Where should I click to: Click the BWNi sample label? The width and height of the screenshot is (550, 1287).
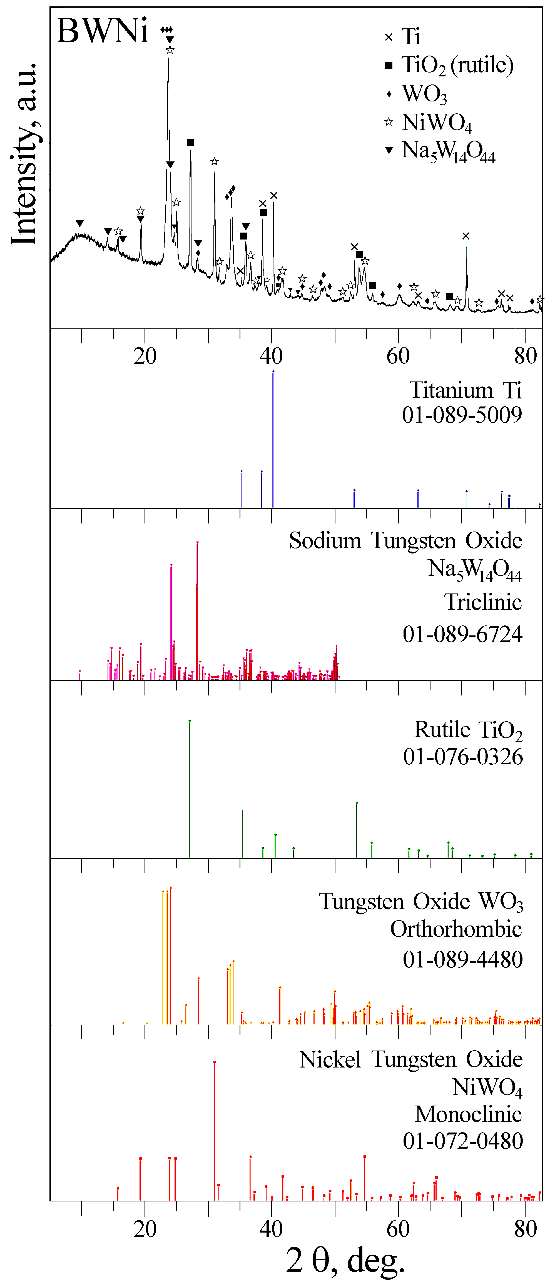103,31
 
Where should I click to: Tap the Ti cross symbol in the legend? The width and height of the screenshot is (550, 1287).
389,37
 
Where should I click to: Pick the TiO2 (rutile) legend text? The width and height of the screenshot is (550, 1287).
457,65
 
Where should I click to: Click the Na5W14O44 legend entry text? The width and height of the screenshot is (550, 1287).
448,151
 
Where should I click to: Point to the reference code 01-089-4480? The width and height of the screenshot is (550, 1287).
462,959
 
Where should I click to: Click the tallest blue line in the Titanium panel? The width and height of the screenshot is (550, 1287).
273,440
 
